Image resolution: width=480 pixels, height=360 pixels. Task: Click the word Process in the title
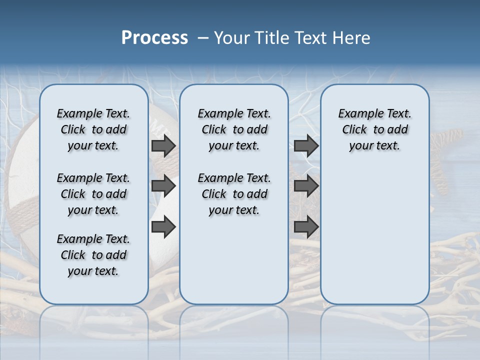[154, 38]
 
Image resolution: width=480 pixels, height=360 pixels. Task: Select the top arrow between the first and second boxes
[163, 146]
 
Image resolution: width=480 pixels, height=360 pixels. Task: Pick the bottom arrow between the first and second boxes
[163, 227]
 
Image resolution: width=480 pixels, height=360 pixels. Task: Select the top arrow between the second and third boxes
[306, 146]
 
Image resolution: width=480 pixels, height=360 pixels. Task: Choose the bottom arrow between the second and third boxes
[306, 227]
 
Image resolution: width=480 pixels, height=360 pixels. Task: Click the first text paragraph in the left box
[93, 129]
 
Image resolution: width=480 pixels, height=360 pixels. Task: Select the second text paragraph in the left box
[93, 194]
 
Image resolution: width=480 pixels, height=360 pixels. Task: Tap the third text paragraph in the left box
[93, 255]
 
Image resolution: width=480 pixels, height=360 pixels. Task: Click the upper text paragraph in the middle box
[234, 129]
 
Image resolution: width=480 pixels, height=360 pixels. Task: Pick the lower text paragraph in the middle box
[234, 194]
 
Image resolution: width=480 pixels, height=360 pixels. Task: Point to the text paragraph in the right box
[374, 129]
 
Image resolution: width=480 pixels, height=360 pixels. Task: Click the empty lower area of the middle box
[234, 260]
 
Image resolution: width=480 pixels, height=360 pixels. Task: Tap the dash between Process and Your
[203, 38]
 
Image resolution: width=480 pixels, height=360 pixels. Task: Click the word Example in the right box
[357, 114]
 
